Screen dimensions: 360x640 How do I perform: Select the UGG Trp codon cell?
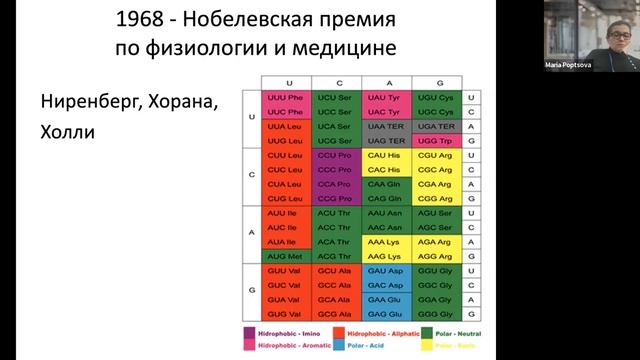(x=441, y=143)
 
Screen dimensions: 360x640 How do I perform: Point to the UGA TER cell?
(x=441, y=128)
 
